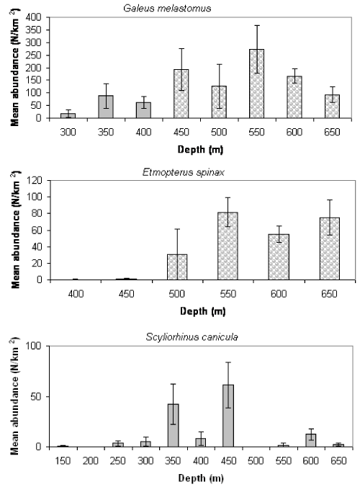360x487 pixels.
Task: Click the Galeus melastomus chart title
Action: point(167,8)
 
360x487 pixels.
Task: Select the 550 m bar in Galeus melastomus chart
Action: point(256,84)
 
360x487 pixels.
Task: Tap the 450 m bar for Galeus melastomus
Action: point(181,94)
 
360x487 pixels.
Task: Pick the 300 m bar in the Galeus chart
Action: point(68,115)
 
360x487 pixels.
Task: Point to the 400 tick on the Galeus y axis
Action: point(34,17)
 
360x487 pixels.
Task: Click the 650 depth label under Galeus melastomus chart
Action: point(332,132)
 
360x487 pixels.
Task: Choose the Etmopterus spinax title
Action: point(184,172)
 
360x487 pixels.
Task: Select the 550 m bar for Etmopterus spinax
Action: point(228,246)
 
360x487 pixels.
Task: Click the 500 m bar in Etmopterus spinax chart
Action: point(177,267)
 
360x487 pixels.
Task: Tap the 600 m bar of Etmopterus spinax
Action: point(279,257)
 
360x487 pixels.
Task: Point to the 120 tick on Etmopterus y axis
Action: point(35,180)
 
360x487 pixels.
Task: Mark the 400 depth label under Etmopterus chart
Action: point(76,294)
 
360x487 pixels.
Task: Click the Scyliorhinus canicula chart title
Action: point(192,337)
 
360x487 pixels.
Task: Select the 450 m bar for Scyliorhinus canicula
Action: point(228,416)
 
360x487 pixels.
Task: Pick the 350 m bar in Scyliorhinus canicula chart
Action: point(174,426)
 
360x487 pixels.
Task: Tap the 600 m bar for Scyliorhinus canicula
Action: point(310,440)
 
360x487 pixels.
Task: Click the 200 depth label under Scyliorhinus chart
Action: point(90,460)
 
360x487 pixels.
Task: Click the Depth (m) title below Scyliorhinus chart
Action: point(201,478)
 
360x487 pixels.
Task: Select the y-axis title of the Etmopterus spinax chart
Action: point(15,230)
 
